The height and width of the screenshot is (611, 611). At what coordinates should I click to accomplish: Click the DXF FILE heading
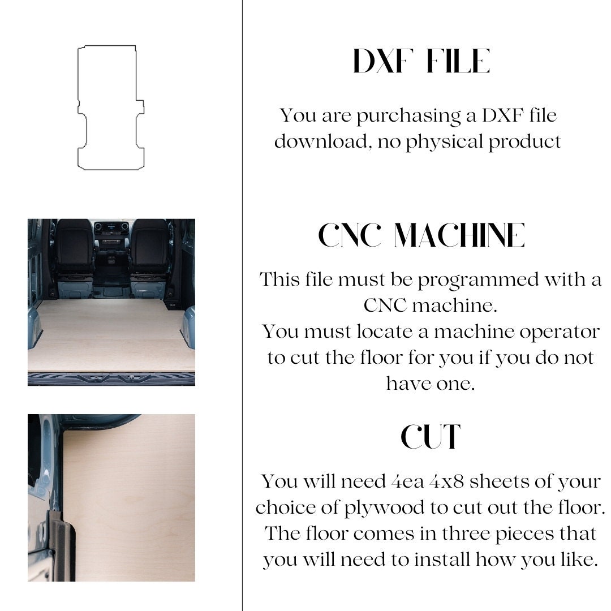pos(421,61)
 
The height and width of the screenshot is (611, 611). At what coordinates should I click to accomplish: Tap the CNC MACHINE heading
pos(421,235)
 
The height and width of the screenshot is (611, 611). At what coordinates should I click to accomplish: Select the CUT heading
pos(431,437)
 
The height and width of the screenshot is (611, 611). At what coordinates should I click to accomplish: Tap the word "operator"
pos(561,332)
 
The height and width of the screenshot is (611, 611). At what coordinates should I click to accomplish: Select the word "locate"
pos(385,332)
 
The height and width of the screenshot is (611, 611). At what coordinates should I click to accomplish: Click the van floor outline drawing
pos(110,107)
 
